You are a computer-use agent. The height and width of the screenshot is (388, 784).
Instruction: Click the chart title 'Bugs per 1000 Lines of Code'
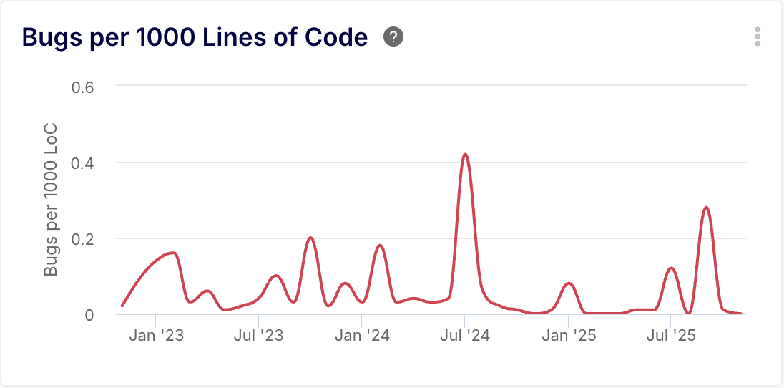click(195, 37)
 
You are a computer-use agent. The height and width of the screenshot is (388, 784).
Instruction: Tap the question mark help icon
click(393, 37)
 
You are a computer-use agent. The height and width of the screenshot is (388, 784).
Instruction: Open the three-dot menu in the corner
click(758, 37)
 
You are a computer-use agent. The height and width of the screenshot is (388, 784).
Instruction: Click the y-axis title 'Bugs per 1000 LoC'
click(51, 200)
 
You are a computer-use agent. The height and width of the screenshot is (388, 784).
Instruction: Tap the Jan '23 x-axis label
click(155, 335)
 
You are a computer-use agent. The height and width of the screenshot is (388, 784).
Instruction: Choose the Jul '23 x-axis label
click(259, 335)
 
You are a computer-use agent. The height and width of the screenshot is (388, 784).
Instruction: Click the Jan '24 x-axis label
click(363, 335)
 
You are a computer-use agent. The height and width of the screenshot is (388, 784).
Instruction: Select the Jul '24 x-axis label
click(465, 335)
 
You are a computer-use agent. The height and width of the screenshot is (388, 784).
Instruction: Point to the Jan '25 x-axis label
click(569, 335)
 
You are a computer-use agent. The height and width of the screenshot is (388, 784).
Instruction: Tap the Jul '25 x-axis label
click(670, 335)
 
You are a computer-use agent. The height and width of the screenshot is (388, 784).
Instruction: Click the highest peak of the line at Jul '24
click(465, 154)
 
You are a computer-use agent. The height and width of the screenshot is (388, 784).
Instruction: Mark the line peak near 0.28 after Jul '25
click(706, 208)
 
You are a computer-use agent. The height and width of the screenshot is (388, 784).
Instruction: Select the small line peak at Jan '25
click(569, 283)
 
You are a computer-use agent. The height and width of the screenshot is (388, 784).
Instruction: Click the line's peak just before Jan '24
click(379, 246)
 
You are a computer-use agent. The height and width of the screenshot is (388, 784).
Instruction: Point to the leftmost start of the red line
click(122, 306)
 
